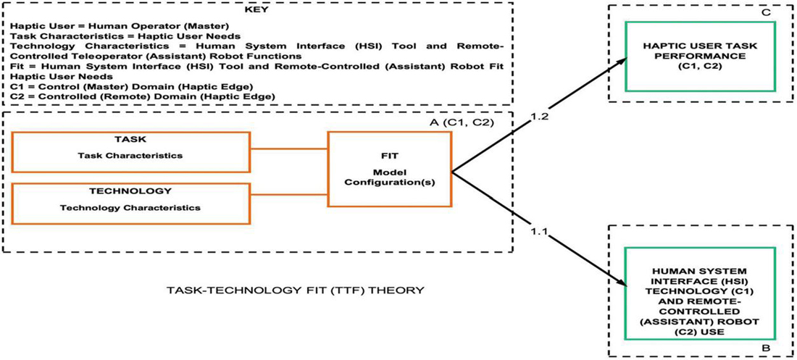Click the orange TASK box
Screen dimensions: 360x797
point(131,148)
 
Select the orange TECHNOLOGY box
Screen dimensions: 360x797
point(131,203)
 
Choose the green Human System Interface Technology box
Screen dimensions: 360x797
point(699,289)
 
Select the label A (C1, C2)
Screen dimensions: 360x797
point(470,122)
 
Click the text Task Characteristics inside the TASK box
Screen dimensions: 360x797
point(131,155)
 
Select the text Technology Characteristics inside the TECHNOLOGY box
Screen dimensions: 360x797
point(131,209)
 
